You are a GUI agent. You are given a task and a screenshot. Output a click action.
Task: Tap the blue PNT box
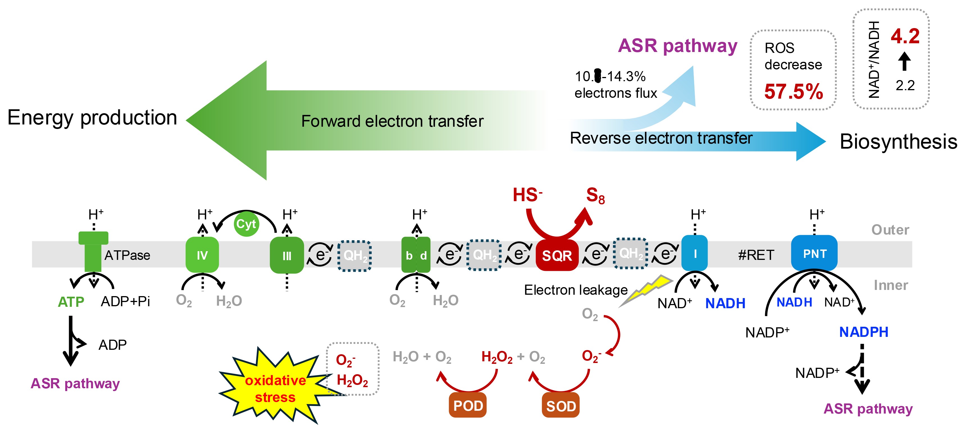coord(814,254)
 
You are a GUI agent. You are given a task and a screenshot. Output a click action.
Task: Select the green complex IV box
coord(202,255)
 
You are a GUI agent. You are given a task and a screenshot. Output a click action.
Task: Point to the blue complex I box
coord(694,254)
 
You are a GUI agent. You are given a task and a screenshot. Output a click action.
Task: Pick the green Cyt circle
coord(246,224)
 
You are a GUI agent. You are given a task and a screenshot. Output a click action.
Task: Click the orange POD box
coord(468,406)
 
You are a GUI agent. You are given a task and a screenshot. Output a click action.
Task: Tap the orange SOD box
coord(561,406)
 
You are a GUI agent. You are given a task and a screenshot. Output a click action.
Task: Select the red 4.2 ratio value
coord(905,37)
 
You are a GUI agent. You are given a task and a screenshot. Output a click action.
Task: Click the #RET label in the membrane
coord(756,255)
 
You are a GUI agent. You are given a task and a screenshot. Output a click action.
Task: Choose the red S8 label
coord(595,196)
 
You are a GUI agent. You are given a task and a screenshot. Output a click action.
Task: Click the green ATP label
coord(71,302)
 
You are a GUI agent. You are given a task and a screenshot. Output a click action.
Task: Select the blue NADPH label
coord(864,332)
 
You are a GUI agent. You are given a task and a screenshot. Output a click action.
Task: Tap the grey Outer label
coord(890,230)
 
